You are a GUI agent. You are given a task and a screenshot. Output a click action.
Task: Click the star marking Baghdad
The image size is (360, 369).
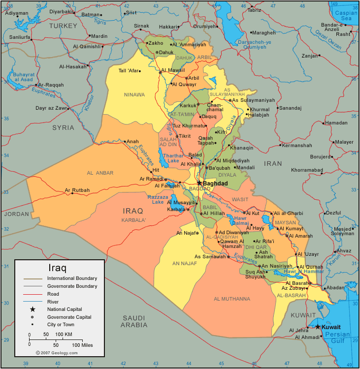[x=199, y=183]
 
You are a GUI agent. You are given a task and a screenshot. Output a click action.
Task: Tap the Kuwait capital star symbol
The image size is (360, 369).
[x=318, y=327]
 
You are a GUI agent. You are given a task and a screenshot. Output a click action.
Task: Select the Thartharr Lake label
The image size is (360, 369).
[x=169, y=157]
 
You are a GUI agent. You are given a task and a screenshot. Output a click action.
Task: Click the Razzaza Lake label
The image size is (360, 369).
[x=158, y=199]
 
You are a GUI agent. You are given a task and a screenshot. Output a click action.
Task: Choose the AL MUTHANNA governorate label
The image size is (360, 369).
[x=232, y=299]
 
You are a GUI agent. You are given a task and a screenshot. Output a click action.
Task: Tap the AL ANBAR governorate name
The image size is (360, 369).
[x=100, y=173]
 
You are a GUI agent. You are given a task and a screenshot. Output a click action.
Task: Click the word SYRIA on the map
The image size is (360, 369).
[x=63, y=128]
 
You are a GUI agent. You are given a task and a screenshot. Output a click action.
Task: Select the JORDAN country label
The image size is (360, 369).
[x=17, y=214]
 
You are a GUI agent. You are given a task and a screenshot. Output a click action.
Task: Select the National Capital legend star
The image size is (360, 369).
[x=33, y=309]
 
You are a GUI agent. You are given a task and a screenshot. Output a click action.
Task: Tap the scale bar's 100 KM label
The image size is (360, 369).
[x=64, y=335]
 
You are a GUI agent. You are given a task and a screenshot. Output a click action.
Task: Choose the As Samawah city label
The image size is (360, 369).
[x=210, y=256]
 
